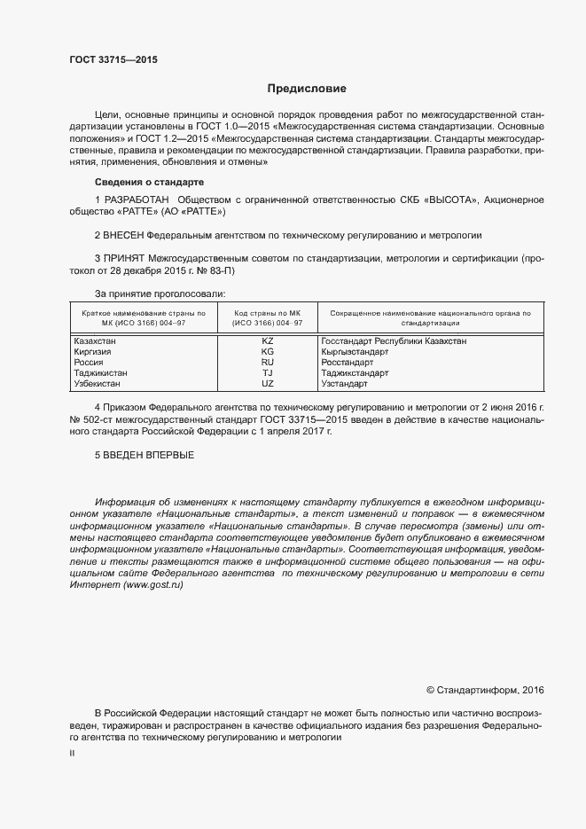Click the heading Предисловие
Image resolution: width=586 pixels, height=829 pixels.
tap(307, 89)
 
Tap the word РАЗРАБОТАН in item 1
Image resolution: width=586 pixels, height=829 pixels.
tap(136, 199)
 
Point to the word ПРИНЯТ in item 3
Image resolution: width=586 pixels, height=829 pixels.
tap(126, 259)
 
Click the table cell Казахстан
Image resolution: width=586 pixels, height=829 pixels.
tap(95, 340)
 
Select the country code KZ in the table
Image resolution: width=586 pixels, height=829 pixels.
tap(268, 340)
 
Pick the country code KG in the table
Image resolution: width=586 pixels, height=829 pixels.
tap(268, 351)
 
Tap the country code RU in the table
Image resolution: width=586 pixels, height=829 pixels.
tap(268, 363)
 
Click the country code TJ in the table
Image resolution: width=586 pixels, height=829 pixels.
tap(268, 373)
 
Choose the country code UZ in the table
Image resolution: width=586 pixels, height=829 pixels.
tap(268, 384)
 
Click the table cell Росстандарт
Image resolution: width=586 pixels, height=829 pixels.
tap(348, 363)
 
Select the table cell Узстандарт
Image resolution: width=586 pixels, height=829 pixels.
tap(344, 384)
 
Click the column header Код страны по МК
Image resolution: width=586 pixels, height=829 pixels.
tap(268, 314)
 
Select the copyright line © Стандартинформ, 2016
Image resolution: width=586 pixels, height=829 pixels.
tap(485, 690)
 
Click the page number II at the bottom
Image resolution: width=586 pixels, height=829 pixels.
tap(72, 753)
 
